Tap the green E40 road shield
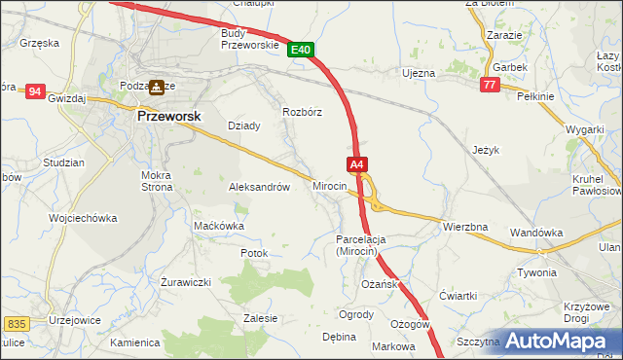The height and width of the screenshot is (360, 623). [x=301, y=50]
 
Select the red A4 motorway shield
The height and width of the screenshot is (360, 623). [x=357, y=164]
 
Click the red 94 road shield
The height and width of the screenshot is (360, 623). [x=36, y=91]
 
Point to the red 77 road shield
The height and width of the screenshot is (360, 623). [x=490, y=86]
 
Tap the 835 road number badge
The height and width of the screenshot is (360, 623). [x=16, y=323]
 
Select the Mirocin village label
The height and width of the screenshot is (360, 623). [x=330, y=185]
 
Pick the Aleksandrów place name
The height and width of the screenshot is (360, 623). [x=259, y=187]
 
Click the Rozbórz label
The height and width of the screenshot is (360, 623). [x=302, y=112]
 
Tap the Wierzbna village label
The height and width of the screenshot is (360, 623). [x=464, y=227]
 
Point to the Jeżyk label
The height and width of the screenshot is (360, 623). [x=485, y=151]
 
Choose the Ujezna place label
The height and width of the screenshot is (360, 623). [x=418, y=73]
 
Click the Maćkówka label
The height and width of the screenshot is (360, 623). [x=218, y=226]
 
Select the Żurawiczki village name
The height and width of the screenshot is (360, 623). [x=186, y=282]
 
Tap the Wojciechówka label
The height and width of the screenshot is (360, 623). [x=84, y=218]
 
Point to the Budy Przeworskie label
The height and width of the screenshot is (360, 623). [x=250, y=38]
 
